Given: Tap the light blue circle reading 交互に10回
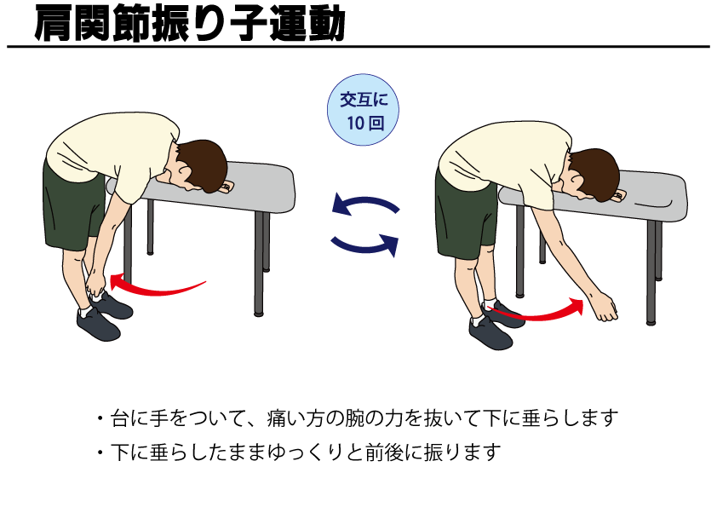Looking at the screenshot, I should pos(364,111).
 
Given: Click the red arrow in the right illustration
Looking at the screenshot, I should pos(536,314).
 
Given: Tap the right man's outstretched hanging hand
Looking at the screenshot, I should pos(604,308).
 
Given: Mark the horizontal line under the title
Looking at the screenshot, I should pos(358,46).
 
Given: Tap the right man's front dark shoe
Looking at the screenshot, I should pos(490,332).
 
